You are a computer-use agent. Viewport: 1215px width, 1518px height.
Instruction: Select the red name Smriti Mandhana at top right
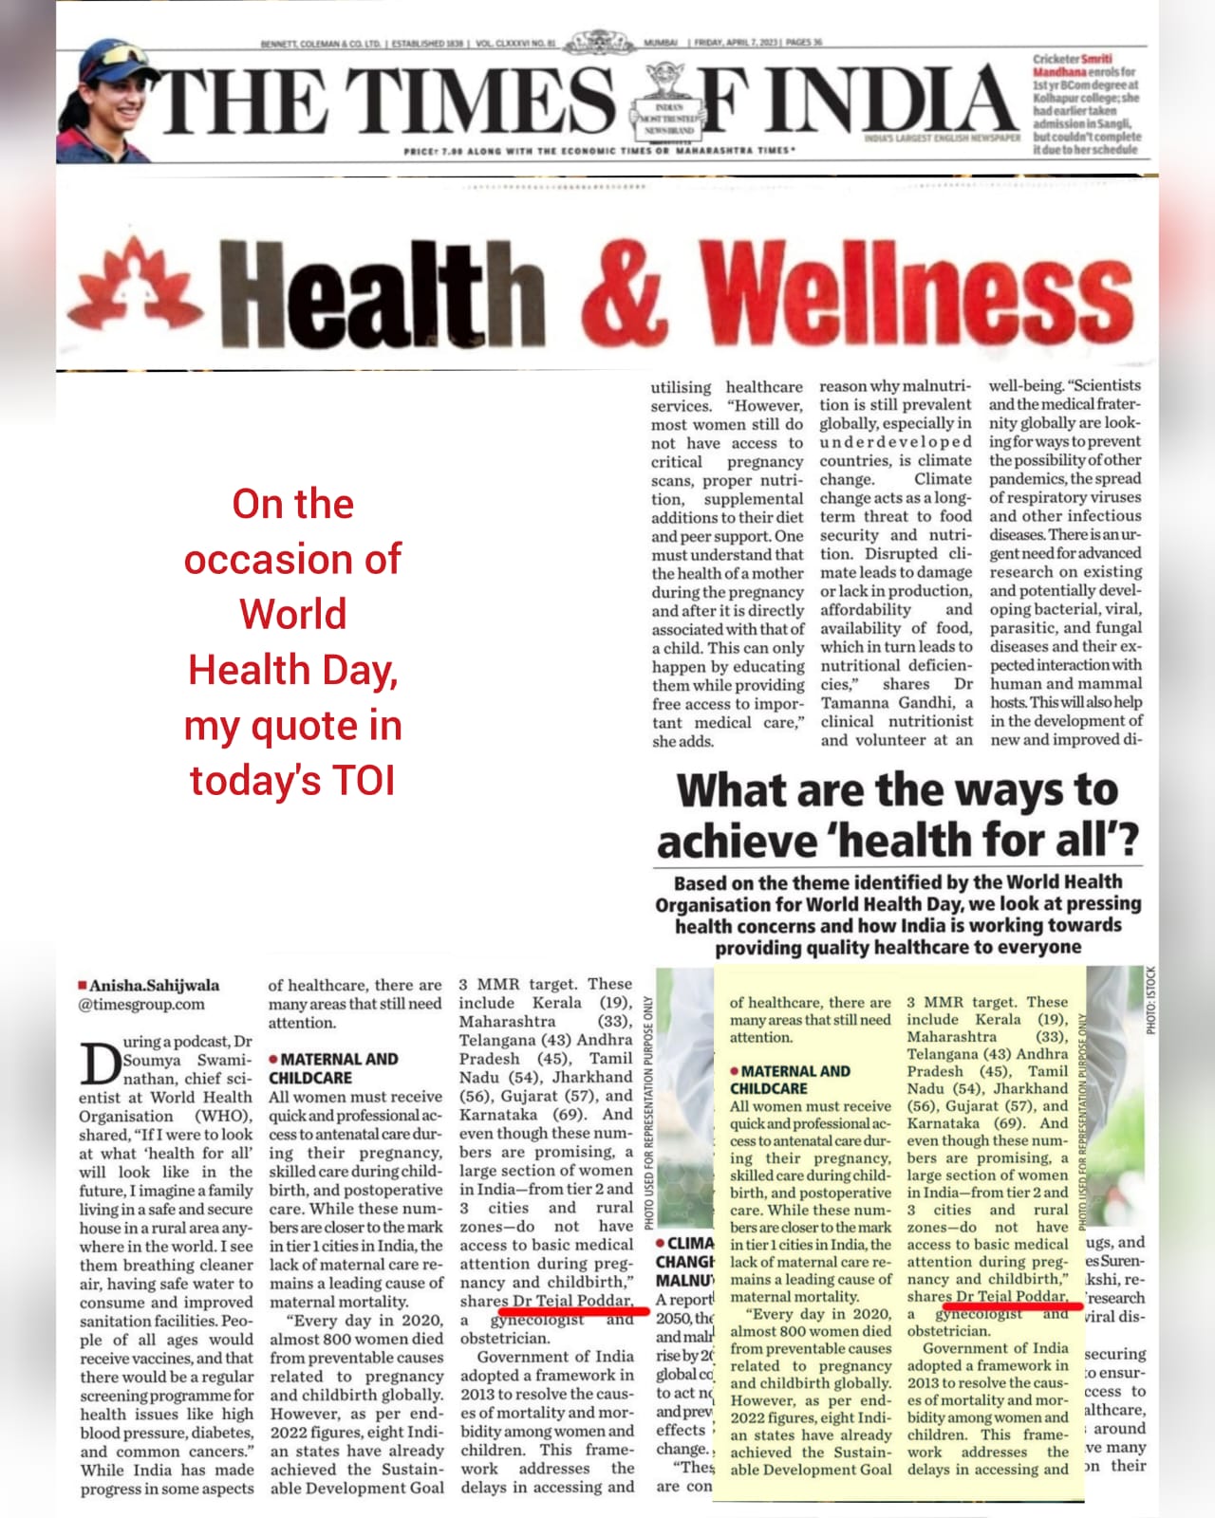click(1069, 65)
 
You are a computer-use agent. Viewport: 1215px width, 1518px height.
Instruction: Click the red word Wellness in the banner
click(917, 290)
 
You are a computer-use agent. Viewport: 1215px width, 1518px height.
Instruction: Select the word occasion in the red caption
click(292, 559)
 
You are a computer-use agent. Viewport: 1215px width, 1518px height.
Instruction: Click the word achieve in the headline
click(736, 841)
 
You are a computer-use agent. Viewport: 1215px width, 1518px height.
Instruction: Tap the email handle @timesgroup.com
click(141, 1004)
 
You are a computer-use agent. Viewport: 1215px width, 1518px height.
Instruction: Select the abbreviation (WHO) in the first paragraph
click(224, 1116)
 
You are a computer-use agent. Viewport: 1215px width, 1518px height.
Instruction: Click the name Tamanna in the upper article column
click(855, 702)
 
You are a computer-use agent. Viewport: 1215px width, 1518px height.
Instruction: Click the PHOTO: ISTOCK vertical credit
click(1150, 1000)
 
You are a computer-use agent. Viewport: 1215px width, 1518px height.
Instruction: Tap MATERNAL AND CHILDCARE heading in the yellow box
click(790, 1080)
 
